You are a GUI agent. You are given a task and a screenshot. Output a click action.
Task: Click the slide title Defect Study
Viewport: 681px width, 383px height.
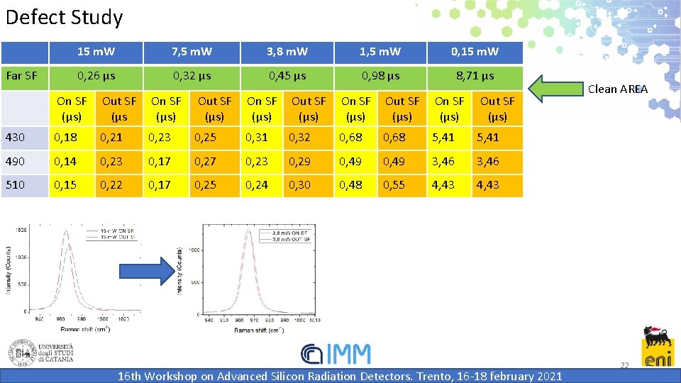pos(64,17)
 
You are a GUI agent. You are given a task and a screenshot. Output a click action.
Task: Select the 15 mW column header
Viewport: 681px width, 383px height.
pos(96,52)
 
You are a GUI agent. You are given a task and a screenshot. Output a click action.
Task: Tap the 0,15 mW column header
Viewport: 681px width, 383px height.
pos(475,52)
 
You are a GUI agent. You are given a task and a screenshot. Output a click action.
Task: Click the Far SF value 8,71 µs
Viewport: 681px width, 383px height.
pos(475,76)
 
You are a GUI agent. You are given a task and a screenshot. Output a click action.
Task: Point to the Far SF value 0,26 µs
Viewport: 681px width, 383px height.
pos(96,76)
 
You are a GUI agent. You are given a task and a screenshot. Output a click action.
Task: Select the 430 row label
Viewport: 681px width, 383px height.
pos(15,138)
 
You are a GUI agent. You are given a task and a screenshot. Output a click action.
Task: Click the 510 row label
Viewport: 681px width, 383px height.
pos(15,185)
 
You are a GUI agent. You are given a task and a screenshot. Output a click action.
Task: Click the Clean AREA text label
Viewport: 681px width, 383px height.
pos(618,89)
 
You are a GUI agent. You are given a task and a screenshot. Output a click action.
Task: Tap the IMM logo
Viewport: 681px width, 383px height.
pos(336,354)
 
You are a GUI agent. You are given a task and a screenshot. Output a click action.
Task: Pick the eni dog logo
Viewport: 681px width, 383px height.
pos(658,347)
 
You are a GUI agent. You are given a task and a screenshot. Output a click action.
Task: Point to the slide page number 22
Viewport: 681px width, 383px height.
pos(624,365)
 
